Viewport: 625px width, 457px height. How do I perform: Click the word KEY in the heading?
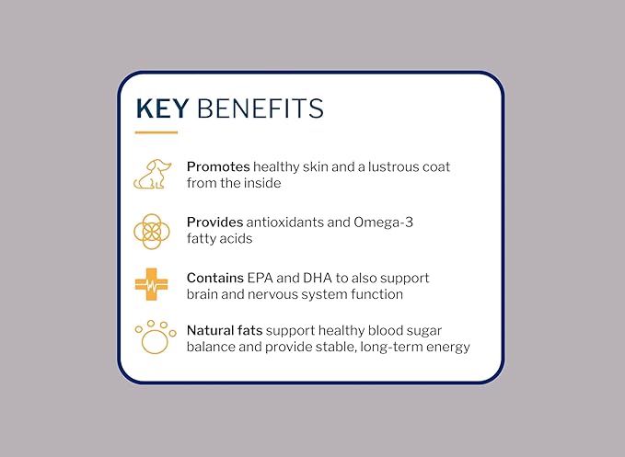coord(162,109)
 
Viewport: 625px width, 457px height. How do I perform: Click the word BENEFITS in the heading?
coord(258,109)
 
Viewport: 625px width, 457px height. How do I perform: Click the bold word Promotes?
coord(217,167)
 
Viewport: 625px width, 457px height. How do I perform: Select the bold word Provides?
coord(214,223)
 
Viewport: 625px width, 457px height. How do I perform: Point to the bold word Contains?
coord(215,278)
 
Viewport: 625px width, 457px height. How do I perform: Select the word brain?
coord(204,294)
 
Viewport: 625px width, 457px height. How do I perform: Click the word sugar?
coord(434,330)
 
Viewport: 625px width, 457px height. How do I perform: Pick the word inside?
coord(261,183)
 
